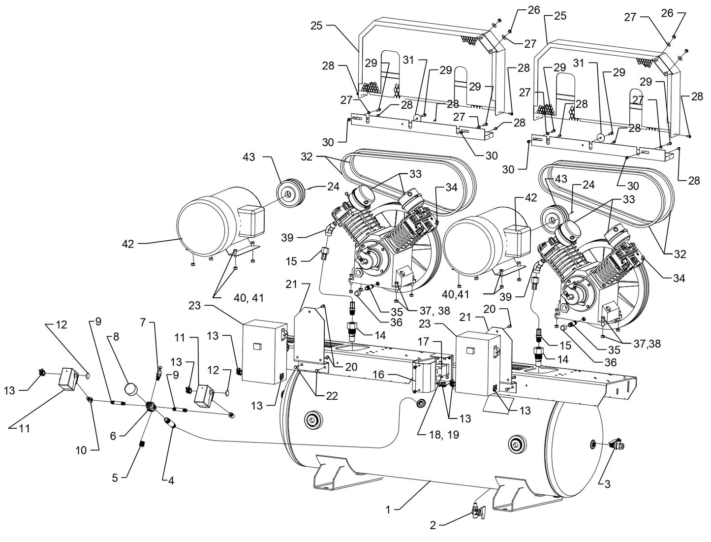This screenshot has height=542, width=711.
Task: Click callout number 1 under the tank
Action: [388, 510]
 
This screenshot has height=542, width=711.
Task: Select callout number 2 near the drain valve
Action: [433, 526]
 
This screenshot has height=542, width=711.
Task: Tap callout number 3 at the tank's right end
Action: [607, 484]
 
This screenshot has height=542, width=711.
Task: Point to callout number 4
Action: [171, 480]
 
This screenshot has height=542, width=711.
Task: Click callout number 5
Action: [115, 478]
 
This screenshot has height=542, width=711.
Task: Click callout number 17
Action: [423, 341]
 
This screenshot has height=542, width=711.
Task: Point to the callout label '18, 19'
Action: [437, 435]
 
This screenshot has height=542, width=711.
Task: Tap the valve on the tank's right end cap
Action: [617, 445]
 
